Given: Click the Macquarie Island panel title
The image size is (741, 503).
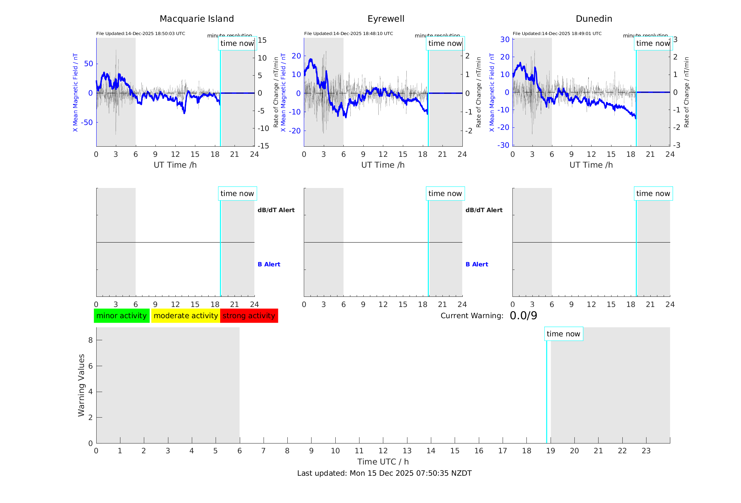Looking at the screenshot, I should click(x=196, y=19).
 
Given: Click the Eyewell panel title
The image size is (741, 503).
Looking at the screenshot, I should click(x=386, y=19).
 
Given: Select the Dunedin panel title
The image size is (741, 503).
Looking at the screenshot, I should click(x=594, y=19).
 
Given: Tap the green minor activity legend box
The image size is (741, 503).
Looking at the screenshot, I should click(x=121, y=316).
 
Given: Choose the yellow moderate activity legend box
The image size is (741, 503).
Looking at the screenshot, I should click(x=186, y=316).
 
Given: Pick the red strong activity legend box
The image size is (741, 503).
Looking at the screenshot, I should click(x=249, y=316).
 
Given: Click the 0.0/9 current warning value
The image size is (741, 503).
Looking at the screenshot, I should click(x=523, y=316).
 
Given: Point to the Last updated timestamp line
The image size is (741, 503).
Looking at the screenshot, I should click(x=384, y=473).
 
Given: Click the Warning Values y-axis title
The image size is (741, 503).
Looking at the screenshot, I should click(x=81, y=385).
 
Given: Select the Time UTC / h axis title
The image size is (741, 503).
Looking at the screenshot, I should click(x=383, y=462).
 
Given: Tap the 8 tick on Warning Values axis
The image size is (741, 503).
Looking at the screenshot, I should click(x=90, y=340).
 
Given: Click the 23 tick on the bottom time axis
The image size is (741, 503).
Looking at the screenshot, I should click(x=646, y=451).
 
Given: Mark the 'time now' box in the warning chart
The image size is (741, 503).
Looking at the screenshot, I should click(x=563, y=334).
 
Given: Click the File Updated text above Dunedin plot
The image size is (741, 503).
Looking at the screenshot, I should click(x=557, y=34).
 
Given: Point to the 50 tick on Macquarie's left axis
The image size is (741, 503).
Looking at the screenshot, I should click(x=89, y=64).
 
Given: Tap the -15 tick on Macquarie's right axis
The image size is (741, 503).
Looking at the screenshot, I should click(x=263, y=146).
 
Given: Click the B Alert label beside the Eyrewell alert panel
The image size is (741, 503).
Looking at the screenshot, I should click(x=477, y=264).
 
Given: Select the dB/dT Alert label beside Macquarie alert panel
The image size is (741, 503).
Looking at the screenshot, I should click(x=276, y=210).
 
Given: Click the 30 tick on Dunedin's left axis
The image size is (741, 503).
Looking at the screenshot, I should click(x=505, y=39).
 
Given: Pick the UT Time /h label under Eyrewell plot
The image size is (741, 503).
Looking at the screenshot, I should click(x=383, y=165).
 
